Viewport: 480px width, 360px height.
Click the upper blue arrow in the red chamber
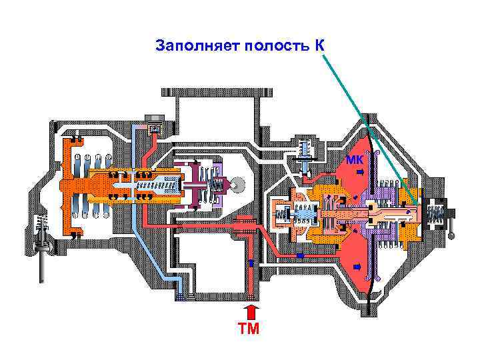click(359, 173)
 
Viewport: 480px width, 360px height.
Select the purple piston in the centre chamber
click(199, 183)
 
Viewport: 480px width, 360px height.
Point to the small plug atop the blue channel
click(155, 127)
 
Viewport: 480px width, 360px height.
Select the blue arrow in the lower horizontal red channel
click(300, 255)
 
